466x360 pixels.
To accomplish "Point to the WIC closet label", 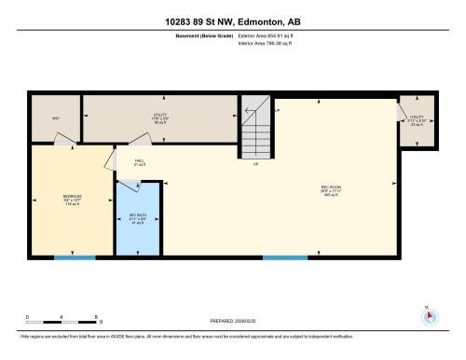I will point(56,118).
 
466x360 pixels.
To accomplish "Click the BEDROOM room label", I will point(72,198).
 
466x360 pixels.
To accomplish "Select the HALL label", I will point(139,162).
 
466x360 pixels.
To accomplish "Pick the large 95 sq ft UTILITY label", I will point(159,118).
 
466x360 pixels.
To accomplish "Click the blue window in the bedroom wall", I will point(68,257).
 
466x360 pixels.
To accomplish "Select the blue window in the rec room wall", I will point(285,257).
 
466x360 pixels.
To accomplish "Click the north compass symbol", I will point(429,315).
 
